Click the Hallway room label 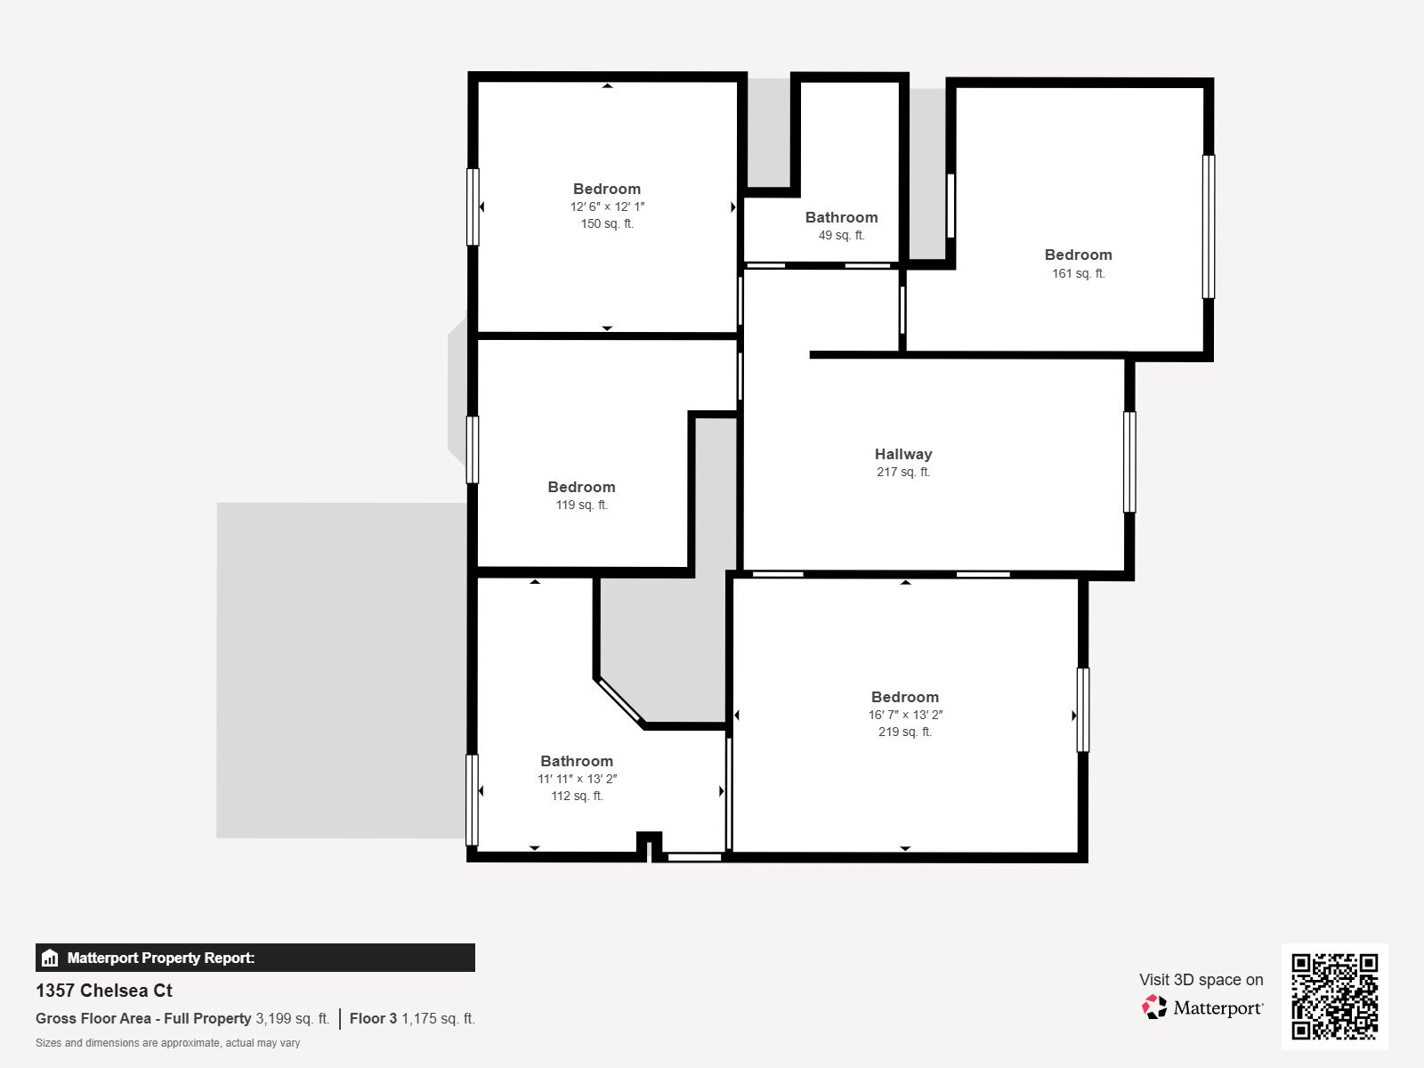(x=902, y=454)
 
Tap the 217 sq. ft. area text (x=902, y=473)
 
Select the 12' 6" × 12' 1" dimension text (x=607, y=206)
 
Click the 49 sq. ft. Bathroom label (x=841, y=217)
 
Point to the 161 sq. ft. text (x=1078, y=273)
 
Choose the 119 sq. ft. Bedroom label (x=581, y=487)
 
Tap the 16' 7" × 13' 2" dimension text (x=905, y=715)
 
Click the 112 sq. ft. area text (x=577, y=796)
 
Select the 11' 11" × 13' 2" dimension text (x=577, y=779)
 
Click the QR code (x=1334, y=996)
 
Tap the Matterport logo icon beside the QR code (x=1154, y=1007)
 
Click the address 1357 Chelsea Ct (x=104, y=991)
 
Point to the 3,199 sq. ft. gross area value (x=292, y=1018)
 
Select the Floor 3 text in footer (x=373, y=1018)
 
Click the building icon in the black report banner (x=50, y=959)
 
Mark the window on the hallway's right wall (x=1129, y=462)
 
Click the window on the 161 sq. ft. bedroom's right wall (x=1208, y=227)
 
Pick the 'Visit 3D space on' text (x=1201, y=980)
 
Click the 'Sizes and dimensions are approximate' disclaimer (x=167, y=1043)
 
